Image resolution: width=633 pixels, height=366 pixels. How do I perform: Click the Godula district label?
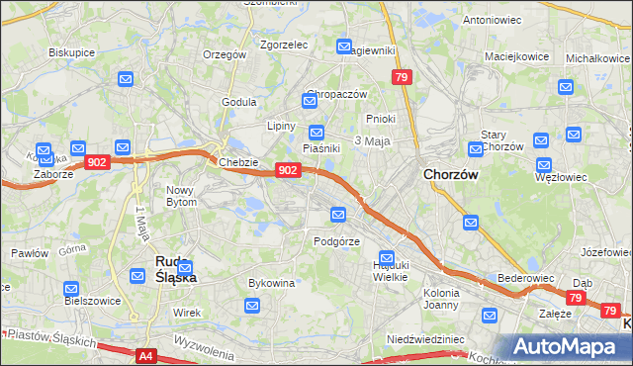click(239, 101)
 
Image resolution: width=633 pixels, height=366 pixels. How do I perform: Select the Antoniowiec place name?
click(492, 20)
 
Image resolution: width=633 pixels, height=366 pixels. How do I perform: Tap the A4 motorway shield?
click(146, 355)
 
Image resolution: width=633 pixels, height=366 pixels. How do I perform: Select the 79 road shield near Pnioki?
click(401, 77)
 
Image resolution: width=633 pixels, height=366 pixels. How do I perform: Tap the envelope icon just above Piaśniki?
click(316, 132)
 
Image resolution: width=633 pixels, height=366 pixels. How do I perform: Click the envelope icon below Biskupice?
click(126, 79)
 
